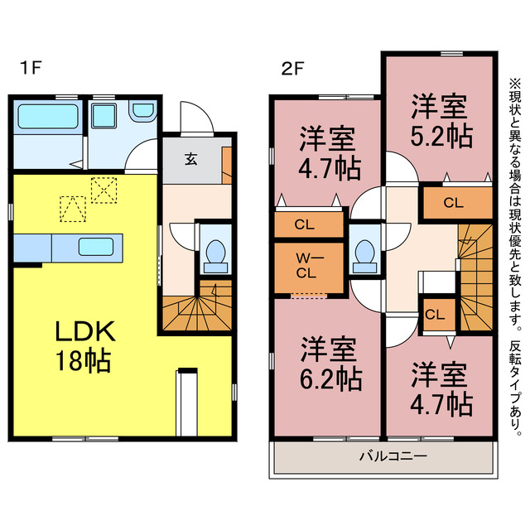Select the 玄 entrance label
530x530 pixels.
(190, 159)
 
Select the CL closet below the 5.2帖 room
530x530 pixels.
(452, 202)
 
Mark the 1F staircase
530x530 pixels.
(195, 291)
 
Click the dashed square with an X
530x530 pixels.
(104, 190)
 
